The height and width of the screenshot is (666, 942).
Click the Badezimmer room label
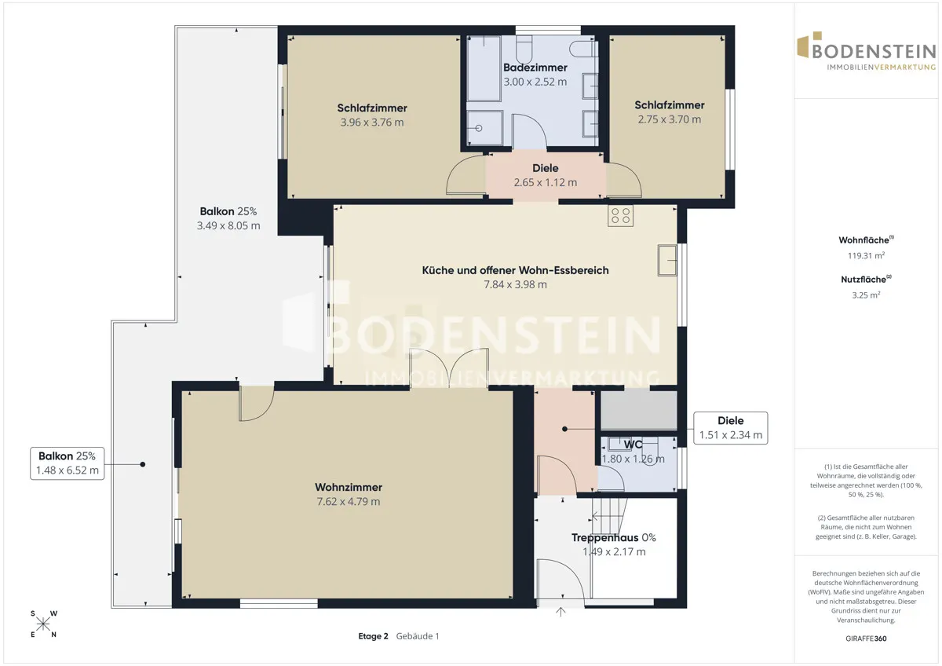tap(535, 68)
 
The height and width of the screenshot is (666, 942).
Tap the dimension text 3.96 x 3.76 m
tap(372, 123)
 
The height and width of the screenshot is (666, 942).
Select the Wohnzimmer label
tap(349, 487)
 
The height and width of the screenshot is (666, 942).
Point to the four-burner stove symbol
tap(620, 216)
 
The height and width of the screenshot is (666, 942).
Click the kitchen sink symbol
tap(667, 261)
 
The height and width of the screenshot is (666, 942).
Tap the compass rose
tap(43, 624)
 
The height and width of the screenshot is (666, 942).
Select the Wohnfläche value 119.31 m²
tap(866, 255)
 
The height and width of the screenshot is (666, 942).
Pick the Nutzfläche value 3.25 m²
tap(866, 295)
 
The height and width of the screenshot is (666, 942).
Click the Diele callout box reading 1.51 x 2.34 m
tap(731, 428)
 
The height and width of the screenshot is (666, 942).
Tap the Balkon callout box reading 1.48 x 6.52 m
tap(68, 463)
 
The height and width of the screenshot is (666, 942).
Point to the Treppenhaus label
tap(605, 538)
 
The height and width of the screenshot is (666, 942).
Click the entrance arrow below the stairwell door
tap(560, 612)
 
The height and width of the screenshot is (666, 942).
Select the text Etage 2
tap(373, 636)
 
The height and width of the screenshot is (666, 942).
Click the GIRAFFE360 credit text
tap(866, 639)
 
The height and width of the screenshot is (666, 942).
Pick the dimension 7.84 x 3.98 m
tap(515, 285)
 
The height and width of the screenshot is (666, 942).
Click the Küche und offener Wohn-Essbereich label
tap(515, 270)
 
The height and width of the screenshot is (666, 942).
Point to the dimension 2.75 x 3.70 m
tap(670, 119)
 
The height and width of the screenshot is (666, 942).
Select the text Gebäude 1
tap(418, 636)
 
